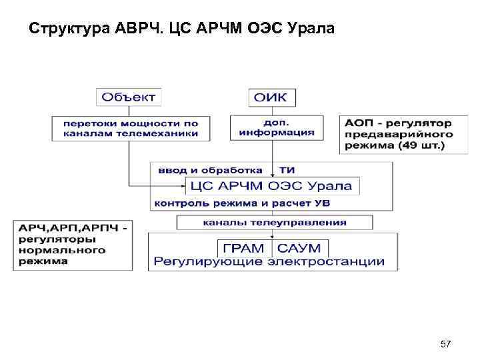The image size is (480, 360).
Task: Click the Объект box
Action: pos(128,97)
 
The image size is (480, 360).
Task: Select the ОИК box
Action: pos(272,97)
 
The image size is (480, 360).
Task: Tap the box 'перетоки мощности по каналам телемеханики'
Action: pos(131,128)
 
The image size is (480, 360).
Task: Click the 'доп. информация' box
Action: pos(277,127)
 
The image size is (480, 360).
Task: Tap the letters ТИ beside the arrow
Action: pos(287,170)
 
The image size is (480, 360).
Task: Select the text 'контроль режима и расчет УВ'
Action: pos(242,202)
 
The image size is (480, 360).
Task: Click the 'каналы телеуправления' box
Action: pos(274,222)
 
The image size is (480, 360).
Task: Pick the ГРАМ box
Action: pos(243,248)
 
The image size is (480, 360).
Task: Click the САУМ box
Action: pos(299,248)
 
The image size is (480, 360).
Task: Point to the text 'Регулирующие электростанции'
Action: pos(269,261)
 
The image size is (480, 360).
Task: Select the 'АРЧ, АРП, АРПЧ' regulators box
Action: pos(73,245)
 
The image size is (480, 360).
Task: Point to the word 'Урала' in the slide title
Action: pos(313,29)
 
